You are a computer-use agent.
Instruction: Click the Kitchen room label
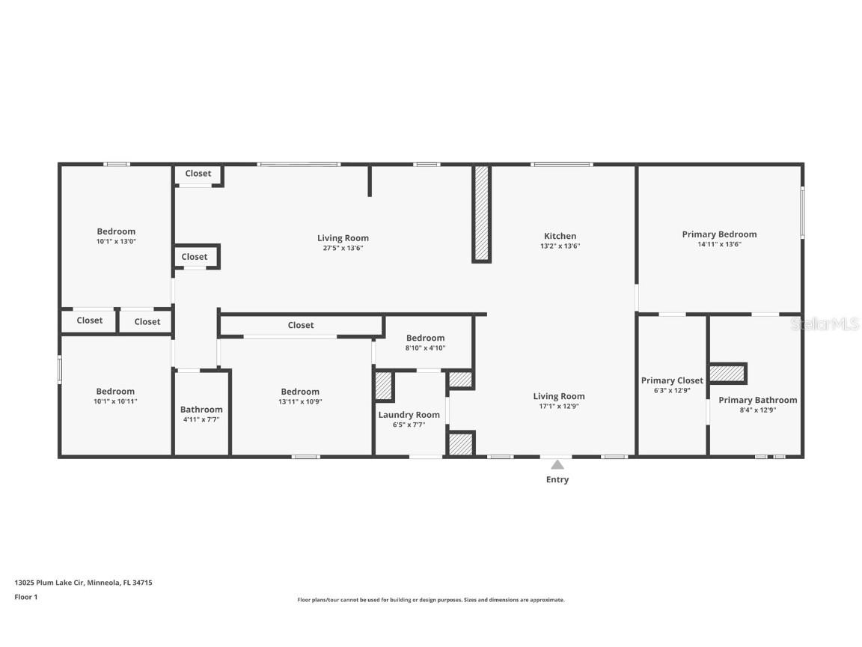tap(560, 236)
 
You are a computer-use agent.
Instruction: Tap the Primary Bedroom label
tap(719, 234)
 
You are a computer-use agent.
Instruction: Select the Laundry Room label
tap(409, 415)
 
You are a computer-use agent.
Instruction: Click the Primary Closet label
tap(672, 380)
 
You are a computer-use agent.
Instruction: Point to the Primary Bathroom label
tap(757, 400)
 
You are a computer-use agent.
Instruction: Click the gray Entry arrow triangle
tap(557, 464)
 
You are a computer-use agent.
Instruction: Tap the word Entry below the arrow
tap(557, 480)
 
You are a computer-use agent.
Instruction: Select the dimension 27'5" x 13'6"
tap(343, 248)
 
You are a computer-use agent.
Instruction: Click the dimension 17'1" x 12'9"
tap(559, 406)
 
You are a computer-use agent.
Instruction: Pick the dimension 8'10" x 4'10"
tap(425, 347)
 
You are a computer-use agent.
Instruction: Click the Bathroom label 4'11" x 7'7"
tap(201, 410)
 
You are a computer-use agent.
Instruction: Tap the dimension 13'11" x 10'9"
tap(300, 401)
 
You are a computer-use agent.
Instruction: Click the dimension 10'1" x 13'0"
tap(116, 241)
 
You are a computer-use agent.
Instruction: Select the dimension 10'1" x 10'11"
tap(116, 401)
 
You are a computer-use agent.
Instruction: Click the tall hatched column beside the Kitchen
tap(482, 213)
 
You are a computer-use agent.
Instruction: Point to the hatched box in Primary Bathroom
tap(727, 373)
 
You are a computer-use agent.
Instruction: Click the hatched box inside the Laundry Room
tap(384, 386)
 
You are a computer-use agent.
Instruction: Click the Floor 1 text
tap(25, 597)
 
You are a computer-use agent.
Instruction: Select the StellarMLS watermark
tap(825, 323)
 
